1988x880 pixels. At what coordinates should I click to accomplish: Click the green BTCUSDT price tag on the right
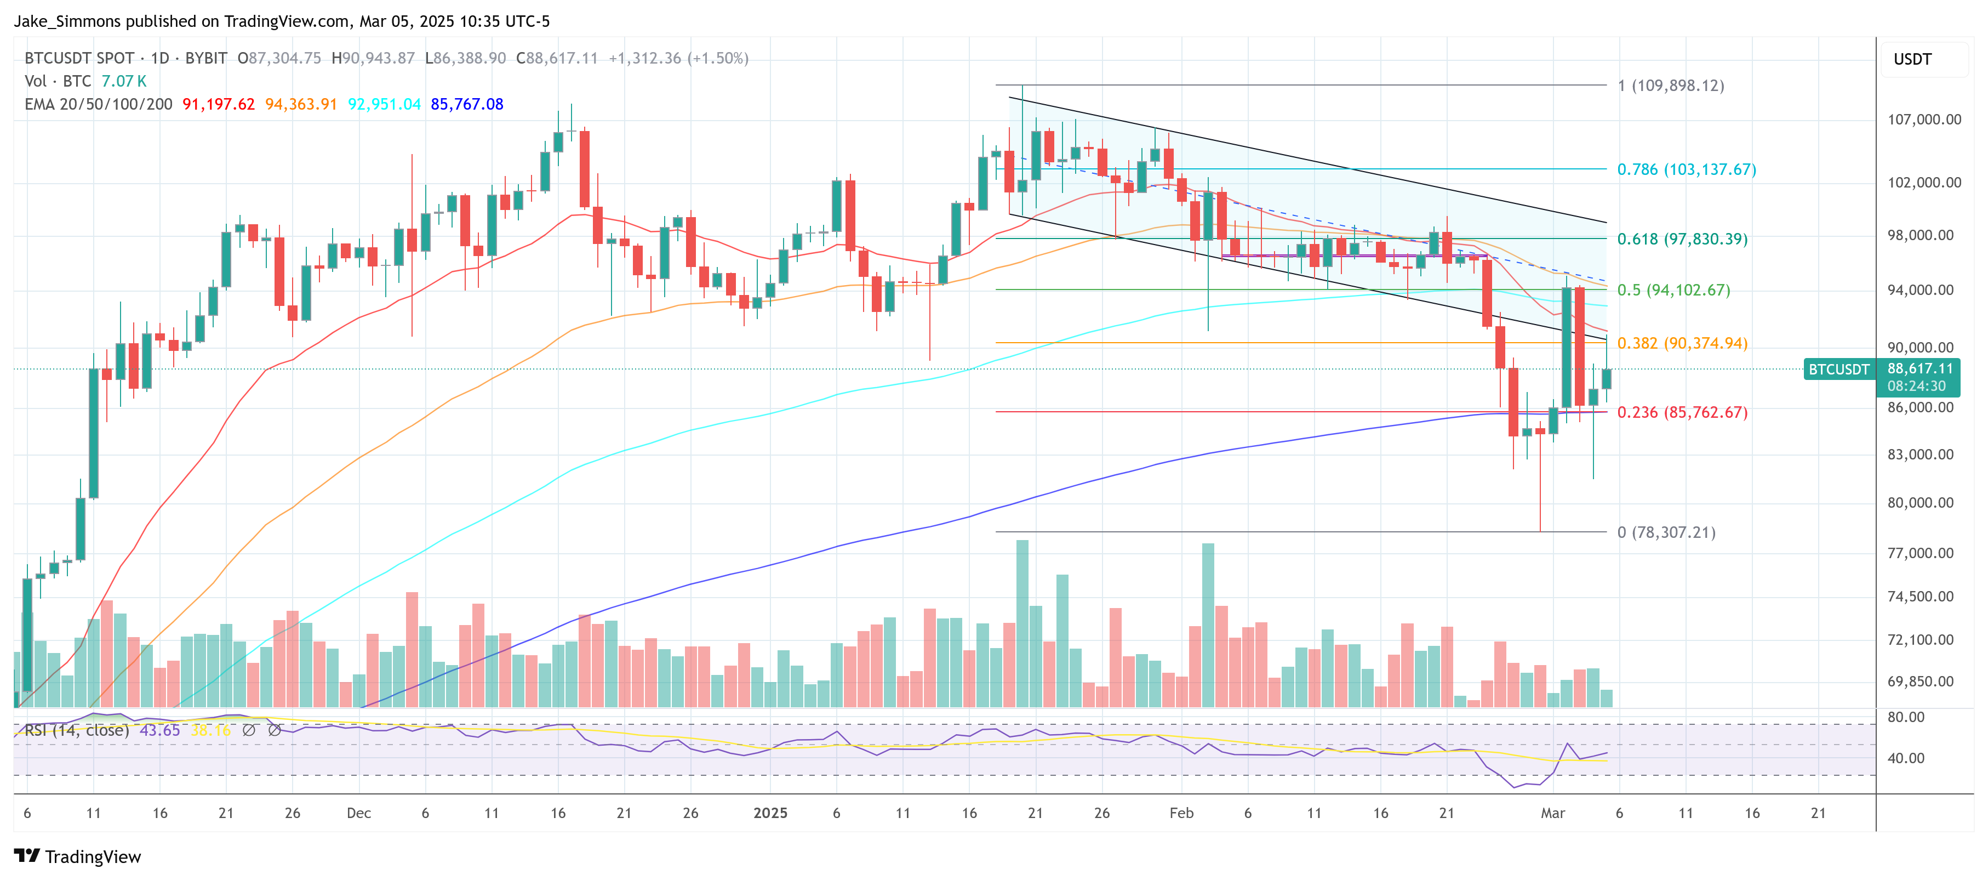click(x=1838, y=370)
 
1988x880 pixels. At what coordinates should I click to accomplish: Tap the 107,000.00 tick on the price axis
click(x=1924, y=120)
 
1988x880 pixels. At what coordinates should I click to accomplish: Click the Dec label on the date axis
click(x=359, y=813)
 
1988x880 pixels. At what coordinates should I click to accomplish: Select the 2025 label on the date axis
click(x=770, y=813)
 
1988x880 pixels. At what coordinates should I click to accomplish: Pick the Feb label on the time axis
click(x=1181, y=813)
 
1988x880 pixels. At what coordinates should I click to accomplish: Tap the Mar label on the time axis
click(x=1553, y=813)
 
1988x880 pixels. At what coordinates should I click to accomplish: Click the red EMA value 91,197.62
click(x=219, y=104)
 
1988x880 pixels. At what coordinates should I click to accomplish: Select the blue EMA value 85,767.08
click(x=467, y=104)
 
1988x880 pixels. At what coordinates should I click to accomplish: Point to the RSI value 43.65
click(x=160, y=730)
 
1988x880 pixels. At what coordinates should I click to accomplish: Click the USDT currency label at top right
click(x=1912, y=59)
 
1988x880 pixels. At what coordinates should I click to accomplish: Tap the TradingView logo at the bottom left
click(x=78, y=857)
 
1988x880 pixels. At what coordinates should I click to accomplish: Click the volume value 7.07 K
click(x=123, y=81)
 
